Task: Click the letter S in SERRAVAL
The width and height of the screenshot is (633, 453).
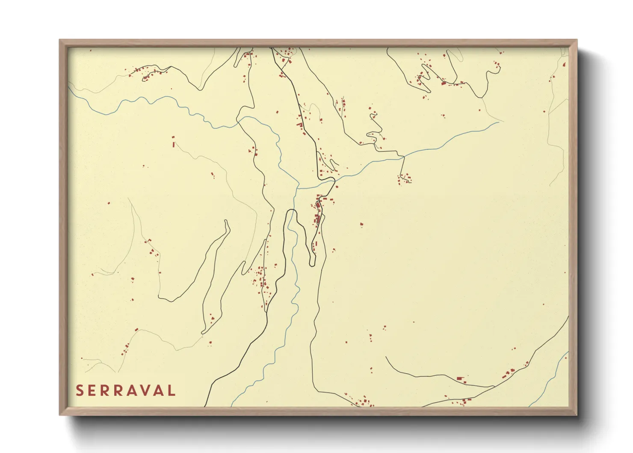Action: coord(80,390)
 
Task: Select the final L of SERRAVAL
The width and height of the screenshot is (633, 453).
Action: coord(172,390)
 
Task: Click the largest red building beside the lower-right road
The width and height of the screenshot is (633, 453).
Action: coord(460,378)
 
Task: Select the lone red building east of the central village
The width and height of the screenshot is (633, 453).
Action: coord(361,224)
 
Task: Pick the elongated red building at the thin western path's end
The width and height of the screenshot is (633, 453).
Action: coord(173,145)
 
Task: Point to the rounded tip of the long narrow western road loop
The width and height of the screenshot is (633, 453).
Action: coord(226,222)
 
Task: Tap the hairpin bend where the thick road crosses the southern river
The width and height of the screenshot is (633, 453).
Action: coord(292,210)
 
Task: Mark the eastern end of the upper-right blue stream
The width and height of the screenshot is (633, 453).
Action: coord(498,122)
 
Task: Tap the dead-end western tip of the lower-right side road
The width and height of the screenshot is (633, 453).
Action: coord(386,357)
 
